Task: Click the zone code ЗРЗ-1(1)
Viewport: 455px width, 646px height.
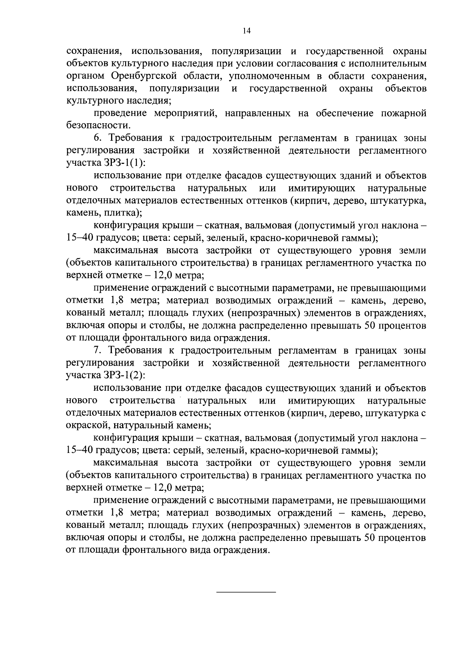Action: pyautogui.click(x=124, y=163)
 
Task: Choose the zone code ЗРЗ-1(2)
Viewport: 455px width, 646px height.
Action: pyautogui.click(x=124, y=376)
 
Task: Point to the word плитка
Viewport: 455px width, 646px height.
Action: pyautogui.click(x=121, y=214)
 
